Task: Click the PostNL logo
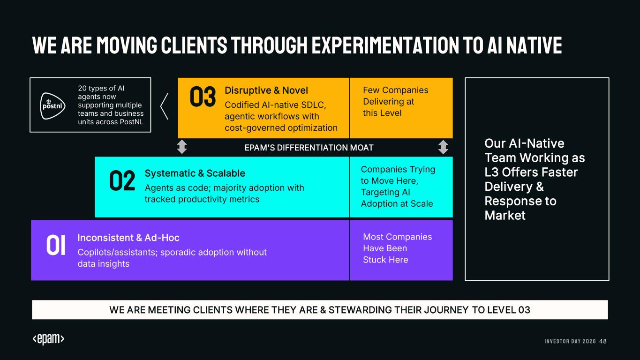coord(53,106)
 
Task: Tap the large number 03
coord(203,97)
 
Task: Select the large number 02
coord(122,180)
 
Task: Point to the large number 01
coord(56,245)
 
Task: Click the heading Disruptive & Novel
coord(266,90)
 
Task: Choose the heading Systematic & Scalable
coord(195,173)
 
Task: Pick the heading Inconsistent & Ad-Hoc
coord(128,238)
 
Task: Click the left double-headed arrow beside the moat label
coord(182,147)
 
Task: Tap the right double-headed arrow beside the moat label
coord(443,147)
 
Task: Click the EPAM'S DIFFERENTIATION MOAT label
coord(309,148)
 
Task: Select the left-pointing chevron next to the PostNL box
coord(164,106)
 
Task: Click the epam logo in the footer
coord(48,339)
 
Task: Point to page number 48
coord(603,341)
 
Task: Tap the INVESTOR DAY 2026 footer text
coord(570,341)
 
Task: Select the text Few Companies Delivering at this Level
coord(395,101)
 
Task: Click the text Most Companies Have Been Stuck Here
coord(398,248)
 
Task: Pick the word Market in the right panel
coord(505,216)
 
